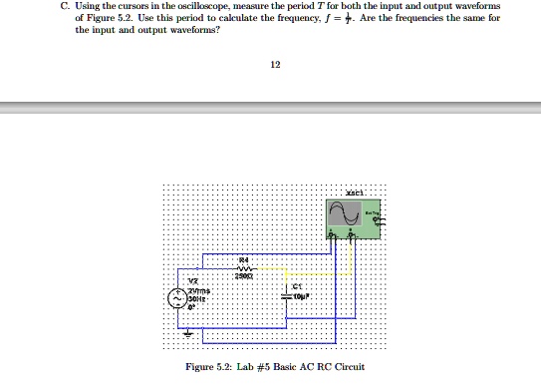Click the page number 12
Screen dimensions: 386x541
[x=276, y=65]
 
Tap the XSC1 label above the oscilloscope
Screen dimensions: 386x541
[x=355, y=192]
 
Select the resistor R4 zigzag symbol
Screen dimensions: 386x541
[x=244, y=267]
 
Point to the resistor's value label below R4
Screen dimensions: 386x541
[x=244, y=276]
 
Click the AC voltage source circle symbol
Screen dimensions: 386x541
[x=179, y=297]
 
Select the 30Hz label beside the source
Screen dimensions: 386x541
[x=198, y=297]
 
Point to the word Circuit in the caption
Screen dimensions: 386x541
[x=350, y=367]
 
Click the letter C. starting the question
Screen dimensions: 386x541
[x=65, y=7]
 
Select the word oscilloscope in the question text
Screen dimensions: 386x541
[x=208, y=7]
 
